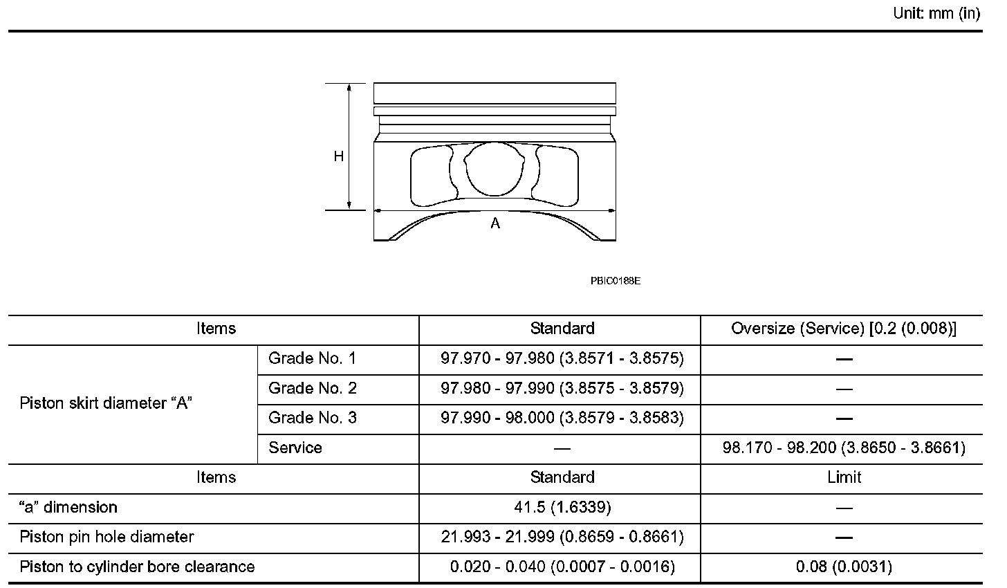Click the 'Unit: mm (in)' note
coord(936,14)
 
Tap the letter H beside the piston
coord(338,156)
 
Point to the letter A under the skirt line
coord(495,223)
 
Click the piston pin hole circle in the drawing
coord(494,169)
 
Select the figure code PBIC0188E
coord(616,281)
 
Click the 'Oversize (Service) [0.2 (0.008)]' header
coord(844,329)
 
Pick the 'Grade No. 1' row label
coord(312,358)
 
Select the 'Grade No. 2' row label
coord(313,388)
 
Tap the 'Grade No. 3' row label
coord(313,418)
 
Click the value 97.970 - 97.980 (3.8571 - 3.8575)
coord(562,358)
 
